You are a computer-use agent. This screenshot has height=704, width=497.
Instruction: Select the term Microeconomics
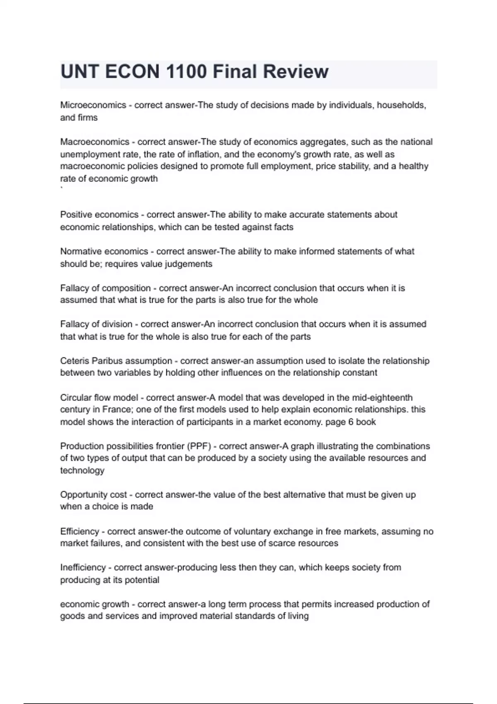pos(93,105)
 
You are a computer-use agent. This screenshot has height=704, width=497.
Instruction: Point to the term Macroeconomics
pos(95,142)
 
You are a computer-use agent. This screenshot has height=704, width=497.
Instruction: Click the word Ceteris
pos(74,361)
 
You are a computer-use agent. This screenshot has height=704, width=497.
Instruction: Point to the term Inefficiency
pos(83,567)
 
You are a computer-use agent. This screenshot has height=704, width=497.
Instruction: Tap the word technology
pos(82,470)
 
